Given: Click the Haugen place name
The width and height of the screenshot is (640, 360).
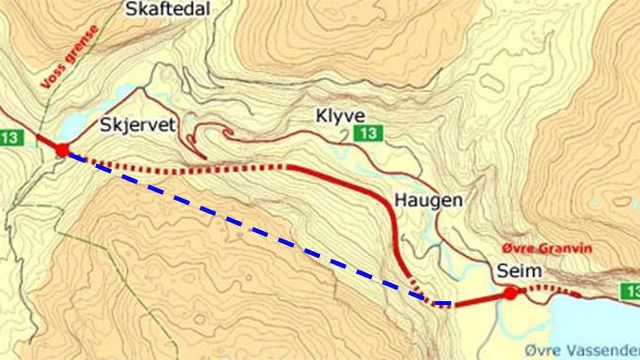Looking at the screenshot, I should [429, 200].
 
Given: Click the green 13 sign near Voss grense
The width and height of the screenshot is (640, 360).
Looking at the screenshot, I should [13, 137].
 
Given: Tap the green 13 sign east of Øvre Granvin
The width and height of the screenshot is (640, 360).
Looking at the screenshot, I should [629, 290].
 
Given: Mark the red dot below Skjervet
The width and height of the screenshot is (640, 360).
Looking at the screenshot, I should [62, 150].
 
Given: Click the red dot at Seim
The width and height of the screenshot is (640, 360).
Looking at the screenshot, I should [510, 294].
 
